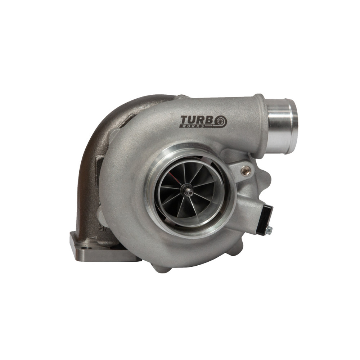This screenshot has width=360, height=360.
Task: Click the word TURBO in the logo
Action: [203, 121]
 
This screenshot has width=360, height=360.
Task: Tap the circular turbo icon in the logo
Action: [221, 121]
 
